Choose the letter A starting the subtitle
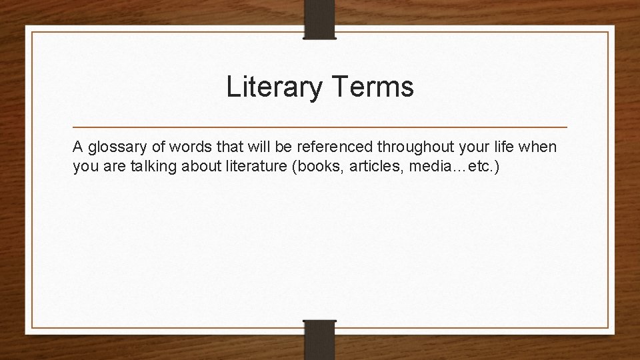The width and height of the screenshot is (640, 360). [78, 147]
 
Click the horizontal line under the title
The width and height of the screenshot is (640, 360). [319, 127]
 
